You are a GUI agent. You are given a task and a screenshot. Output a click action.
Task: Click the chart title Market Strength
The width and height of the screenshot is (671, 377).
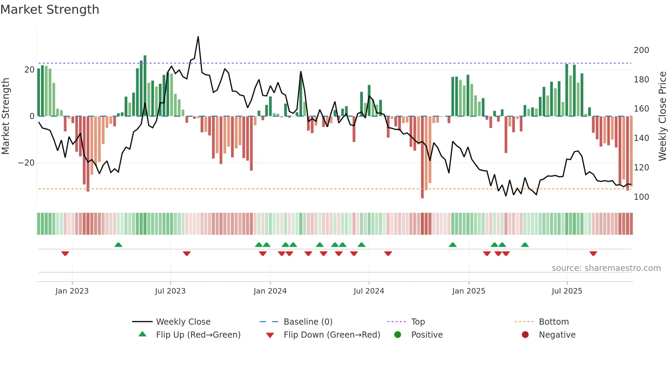50,10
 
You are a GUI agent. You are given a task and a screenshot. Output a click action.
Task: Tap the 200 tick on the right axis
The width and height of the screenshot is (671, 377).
641,50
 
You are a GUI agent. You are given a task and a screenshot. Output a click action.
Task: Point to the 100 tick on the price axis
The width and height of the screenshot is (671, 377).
641,197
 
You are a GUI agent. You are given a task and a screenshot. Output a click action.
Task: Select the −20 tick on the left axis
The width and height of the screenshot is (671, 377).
26,163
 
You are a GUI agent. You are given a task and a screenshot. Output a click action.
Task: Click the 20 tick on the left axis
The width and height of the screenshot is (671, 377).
29,70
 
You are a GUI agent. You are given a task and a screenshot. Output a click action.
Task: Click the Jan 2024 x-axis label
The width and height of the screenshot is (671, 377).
270,291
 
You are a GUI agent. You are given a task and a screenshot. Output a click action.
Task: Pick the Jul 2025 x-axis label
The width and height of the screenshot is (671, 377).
567,291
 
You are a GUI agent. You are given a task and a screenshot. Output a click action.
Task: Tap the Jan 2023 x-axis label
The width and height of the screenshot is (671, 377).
72,291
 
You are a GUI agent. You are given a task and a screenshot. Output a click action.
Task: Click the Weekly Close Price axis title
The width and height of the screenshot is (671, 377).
662,116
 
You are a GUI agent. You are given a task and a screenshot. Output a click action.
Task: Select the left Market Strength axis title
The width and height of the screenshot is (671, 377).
5,116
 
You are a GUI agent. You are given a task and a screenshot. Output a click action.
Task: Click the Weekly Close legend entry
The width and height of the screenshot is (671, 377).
183,322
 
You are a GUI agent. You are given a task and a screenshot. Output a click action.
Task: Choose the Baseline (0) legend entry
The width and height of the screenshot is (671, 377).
308,322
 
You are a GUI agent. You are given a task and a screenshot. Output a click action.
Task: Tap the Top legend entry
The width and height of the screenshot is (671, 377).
418,322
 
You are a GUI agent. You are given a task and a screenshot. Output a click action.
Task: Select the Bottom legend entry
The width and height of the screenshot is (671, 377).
554,322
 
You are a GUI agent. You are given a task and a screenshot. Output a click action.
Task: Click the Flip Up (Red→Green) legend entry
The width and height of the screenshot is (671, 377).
198,335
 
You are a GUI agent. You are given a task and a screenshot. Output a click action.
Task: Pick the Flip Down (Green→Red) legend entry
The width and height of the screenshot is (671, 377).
332,335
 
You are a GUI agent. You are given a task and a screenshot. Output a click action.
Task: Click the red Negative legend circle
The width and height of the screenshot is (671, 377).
525,335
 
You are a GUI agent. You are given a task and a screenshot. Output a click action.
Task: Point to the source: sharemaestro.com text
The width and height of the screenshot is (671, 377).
606,268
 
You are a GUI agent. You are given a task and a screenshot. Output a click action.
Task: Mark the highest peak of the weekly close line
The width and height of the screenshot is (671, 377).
198,37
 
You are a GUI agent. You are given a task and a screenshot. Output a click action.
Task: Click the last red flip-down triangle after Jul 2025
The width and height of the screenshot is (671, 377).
593,253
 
